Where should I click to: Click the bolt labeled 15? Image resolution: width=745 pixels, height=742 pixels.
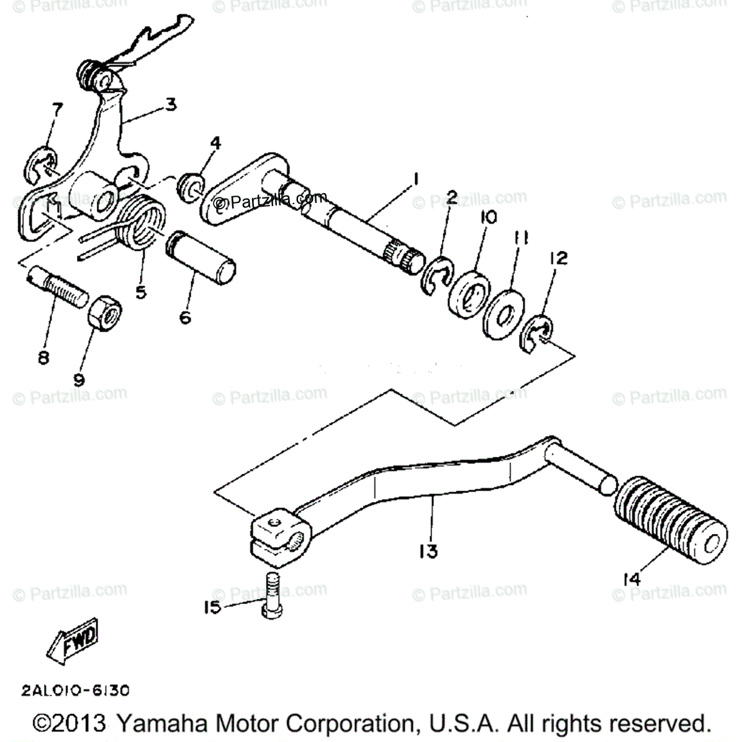pos(271,595)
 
